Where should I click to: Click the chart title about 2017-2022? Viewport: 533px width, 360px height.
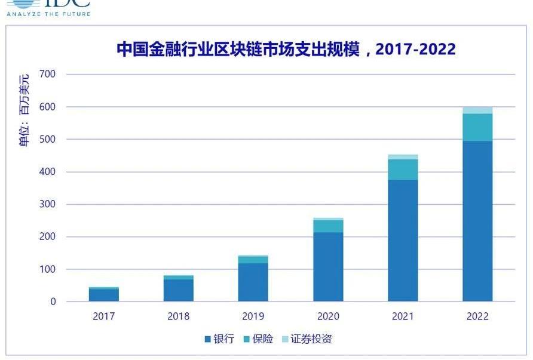[x=286, y=49]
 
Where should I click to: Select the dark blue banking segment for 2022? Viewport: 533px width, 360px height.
[x=477, y=221]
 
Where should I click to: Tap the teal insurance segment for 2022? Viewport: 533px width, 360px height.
[x=477, y=127]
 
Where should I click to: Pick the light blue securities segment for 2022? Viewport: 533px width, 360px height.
[x=477, y=110]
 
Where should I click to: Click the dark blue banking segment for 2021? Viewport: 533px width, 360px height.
[x=403, y=241]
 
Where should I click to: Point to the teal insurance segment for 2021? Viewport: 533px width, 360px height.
[x=403, y=170]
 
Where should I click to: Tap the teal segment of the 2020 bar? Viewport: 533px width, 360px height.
[x=328, y=226]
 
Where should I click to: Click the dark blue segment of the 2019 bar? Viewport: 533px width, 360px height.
[x=253, y=282]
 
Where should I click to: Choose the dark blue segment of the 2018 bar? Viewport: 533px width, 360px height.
[x=179, y=290]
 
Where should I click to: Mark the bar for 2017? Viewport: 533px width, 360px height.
[x=104, y=294]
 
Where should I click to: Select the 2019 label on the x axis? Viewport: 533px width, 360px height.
[x=253, y=316]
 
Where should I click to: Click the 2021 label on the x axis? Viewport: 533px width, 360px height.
[x=403, y=316]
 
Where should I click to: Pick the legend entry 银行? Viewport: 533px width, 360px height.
[x=219, y=339]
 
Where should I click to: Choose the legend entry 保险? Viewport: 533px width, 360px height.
[x=258, y=339]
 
